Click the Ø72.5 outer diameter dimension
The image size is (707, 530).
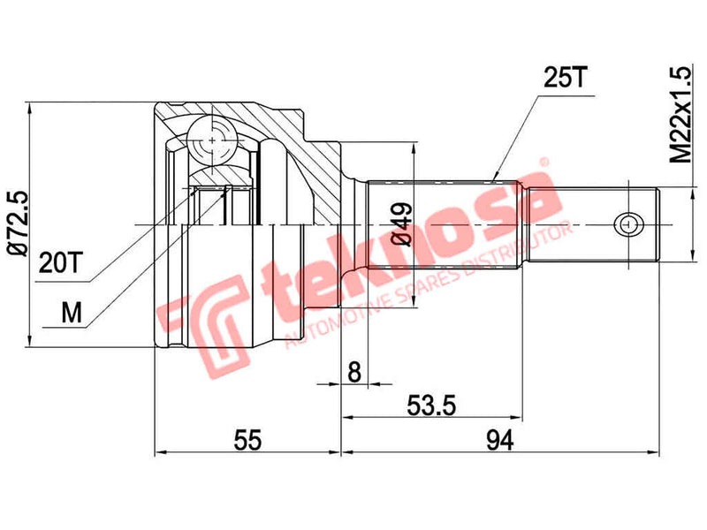pos(17,223)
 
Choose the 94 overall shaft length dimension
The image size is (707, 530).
pos(500,439)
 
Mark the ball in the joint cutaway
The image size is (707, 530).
pos(214,140)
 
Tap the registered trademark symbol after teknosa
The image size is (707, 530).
pos(545,163)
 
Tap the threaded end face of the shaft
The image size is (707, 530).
pos(659,224)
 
